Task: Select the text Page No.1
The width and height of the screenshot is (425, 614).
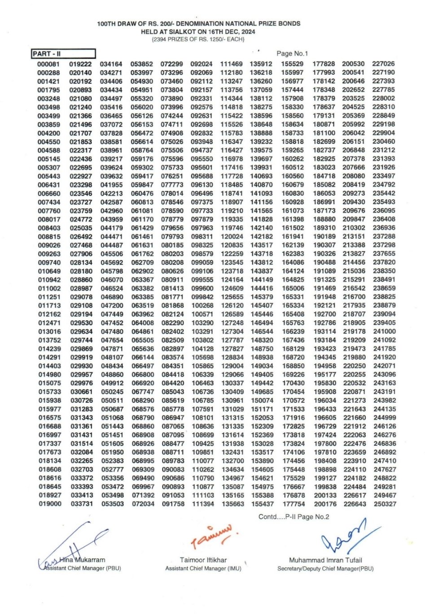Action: pyautogui.click(x=292, y=53)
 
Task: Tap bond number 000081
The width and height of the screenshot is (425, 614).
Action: pyautogui.click(x=48, y=64)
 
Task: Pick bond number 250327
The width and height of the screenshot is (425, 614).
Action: pyautogui.click(x=385, y=504)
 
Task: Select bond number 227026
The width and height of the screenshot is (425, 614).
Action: pyautogui.click(x=383, y=64)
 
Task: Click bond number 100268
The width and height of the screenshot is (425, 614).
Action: pyautogui.click(x=202, y=305)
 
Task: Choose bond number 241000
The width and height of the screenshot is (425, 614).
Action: pyautogui.click(x=385, y=331)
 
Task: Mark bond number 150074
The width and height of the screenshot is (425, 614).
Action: pyautogui.click(x=262, y=401)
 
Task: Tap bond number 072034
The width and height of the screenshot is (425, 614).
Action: pyautogui.click(x=143, y=504)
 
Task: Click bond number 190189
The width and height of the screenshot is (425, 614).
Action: pyautogui.click(x=324, y=236)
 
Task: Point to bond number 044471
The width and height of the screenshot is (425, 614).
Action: pyautogui.click(x=111, y=236)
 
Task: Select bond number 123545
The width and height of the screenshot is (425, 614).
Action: pyautogui.click(x=232, y=262)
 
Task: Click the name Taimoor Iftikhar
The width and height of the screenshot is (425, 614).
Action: pyautogui.click(x=203, y=560)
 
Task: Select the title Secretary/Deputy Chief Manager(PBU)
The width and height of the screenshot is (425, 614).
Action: pyautogui.click(x=325, y=568)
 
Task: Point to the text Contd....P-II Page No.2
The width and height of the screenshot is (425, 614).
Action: pyautogui.click(x=294, y=517)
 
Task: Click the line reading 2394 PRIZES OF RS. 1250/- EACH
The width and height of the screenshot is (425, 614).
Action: pyautogui.click(x=198, y=39)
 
